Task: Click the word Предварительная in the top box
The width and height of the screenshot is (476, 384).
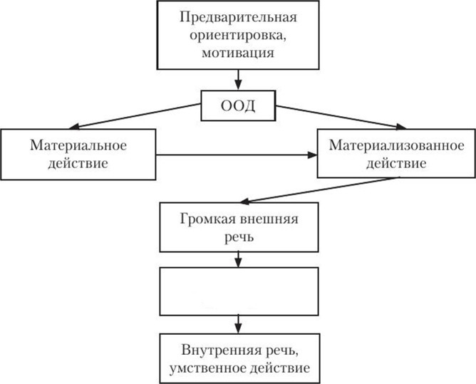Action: (x=238, y=18)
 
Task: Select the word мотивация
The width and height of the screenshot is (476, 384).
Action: (x=238, y=53)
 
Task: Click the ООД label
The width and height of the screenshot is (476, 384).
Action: (x=238, y=106)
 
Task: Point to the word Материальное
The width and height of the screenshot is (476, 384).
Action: (x=78, y=145)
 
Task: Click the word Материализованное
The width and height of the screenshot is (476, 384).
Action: (x=396, y=145)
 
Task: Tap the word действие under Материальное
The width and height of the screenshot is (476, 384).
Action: (x=78, y=163)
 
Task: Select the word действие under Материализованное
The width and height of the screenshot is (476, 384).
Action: (x=396, y=163)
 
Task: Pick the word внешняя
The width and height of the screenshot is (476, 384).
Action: (x=269, y=219)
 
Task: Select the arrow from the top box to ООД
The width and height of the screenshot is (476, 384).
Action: (x=238, y=80)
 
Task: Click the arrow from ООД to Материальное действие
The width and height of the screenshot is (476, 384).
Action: (x=135, y=116)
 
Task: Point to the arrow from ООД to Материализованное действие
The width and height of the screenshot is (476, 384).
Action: (x=341, y=117)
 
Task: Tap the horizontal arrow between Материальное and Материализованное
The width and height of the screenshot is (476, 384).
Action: (x=237, y=155)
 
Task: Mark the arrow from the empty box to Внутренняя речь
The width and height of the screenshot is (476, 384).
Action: (x=238, y=324)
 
